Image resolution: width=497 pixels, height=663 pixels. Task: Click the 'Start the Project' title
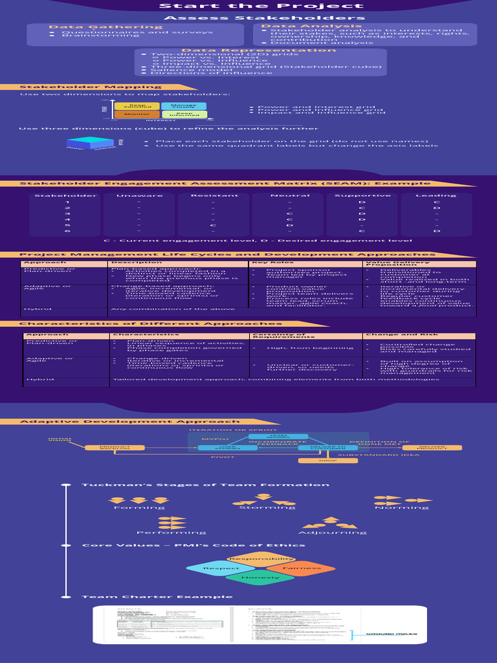coord(248,6)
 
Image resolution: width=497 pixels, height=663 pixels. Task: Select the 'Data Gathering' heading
coord(79,27)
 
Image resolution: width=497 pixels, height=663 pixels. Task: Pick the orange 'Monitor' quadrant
coord(137,115)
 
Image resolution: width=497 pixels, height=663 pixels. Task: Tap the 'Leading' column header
coord(426,196)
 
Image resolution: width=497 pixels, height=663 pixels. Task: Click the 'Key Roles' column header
coord(268,263)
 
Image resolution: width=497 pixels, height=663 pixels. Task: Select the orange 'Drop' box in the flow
coord(328,461)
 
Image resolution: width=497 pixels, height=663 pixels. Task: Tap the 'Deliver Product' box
coord(424,447)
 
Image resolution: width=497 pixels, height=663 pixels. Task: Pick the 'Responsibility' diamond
coord(261,559)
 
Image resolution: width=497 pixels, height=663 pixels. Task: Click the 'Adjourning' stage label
coord(329,532)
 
